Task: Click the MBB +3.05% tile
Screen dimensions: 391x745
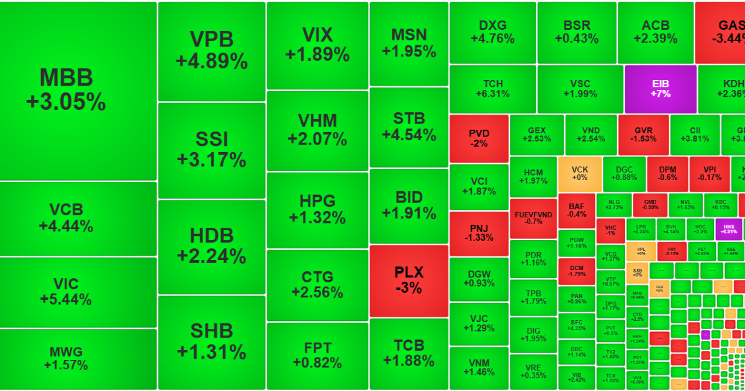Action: (x=78, y=91)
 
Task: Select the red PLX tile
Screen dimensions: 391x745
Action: (x=409, y=281)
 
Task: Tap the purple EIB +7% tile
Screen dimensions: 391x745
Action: (x=661, y=89)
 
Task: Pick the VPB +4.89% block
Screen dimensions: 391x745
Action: (x=212, y=51)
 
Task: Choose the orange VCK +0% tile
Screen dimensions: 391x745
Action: (x=579, y=173)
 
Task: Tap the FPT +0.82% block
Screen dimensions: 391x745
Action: (x=317, y=354)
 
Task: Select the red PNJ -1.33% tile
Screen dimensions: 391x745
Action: (x=479, y=233)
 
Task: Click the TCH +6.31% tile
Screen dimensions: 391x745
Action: (x=492, y=89)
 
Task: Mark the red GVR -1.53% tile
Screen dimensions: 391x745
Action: (x=643, y=135)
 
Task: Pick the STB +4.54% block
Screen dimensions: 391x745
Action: (x=409, y=127)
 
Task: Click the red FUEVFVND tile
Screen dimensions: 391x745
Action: (x=533, y=218)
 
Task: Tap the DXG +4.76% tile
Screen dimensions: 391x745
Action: (x=492, y=32)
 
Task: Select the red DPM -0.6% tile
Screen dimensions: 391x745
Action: (x=667, y=173)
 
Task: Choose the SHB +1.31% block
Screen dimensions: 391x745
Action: (x=212, y=341)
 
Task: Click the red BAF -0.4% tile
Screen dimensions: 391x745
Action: (x=576, y=210)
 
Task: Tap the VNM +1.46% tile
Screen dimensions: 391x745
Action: (x=479, y=367)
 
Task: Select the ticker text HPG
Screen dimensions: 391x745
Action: (x=317, y=201)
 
